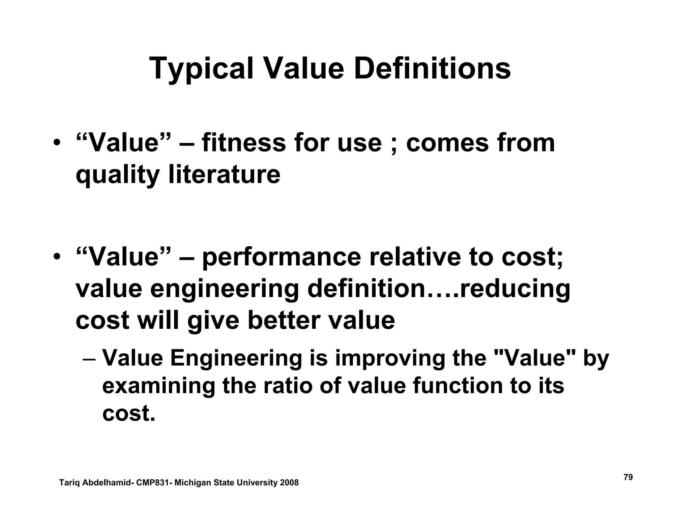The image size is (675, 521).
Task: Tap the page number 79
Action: (x=628, y=477)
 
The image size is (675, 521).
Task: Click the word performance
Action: (x=281, y=257)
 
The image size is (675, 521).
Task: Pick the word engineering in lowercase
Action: (x=224, y=289)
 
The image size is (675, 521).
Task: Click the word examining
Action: (x=159, y=386)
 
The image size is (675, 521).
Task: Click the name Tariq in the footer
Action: (x=70, y=483)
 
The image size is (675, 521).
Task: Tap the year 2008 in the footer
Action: (x=289, y=483)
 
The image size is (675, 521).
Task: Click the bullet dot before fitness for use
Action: (x=57, y=144)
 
